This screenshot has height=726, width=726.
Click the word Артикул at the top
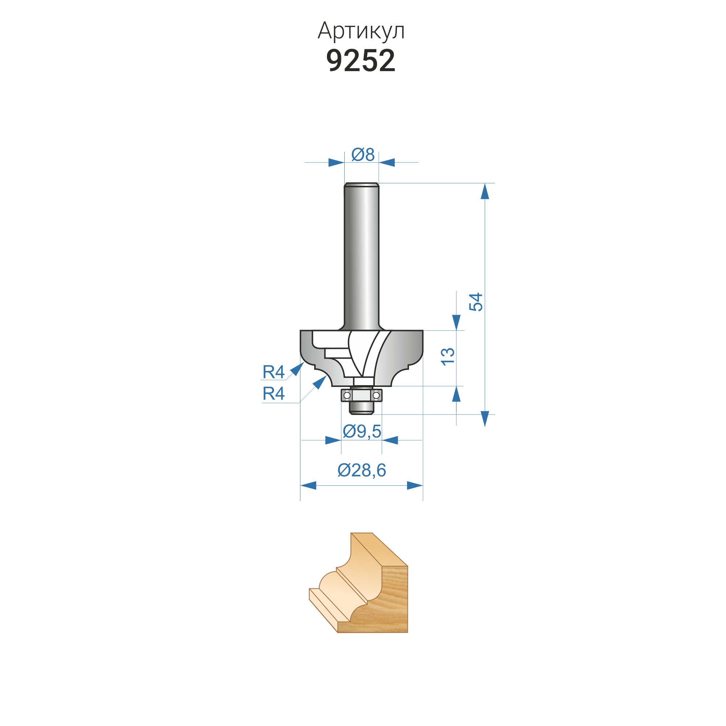pyautogui.click(x=361, y=31)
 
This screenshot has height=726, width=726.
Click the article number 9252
pyautogui.click(x=361, y=61)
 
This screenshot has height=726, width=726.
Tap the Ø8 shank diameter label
pyautogui.click(x=363, y=155)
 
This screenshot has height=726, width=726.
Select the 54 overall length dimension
pyautogui.click(x=476, y=302)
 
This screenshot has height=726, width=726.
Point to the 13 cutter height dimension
pyautogui.click(x=448, y=357)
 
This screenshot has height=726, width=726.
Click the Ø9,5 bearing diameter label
pyautogui.click(x=362, y=431)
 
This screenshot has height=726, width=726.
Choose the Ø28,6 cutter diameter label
pyautogui.click(x=361, y=470)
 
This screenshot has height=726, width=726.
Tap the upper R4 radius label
pyautogui.click(x=274, y=372)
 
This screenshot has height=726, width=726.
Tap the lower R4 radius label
pyautogui.click(x=274, y=393)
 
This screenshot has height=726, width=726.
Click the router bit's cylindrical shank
pyautogui.click(x=361, y=256)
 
